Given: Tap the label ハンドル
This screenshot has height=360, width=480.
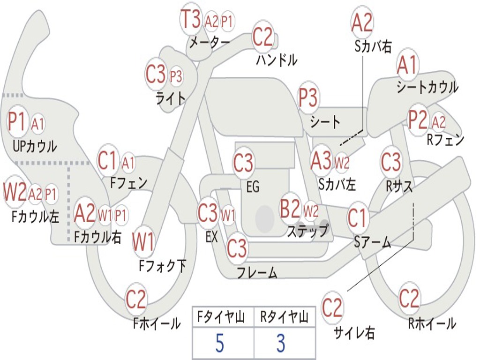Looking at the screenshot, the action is coord(277,60).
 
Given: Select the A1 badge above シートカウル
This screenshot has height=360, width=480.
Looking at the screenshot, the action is coord(407,66).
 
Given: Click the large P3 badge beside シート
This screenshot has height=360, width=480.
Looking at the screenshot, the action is coord(308,98).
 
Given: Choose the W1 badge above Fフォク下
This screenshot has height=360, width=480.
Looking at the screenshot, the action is coord(143,242).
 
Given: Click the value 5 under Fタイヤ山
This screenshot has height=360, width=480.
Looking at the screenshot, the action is coord(219,344).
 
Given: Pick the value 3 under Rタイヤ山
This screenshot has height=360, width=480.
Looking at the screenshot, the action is coord(281,344).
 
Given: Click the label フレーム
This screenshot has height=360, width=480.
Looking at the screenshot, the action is coord(257,272).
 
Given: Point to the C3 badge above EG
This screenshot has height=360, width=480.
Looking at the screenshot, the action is coord(243,164).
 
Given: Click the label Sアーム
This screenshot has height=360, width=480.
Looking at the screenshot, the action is coord(372,242).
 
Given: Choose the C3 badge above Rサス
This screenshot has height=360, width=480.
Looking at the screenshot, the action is coord(391,162).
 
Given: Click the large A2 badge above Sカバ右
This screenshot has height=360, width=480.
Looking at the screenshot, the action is coord(362,22).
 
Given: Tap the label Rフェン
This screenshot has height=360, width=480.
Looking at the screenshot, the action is coord(445,140).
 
